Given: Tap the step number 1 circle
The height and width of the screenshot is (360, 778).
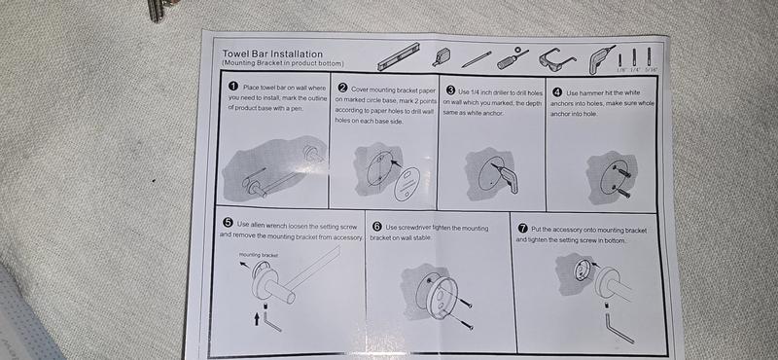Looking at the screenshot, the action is click(x=233, y=86).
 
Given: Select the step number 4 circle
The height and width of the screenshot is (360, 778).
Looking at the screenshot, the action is click(x=556, y=92).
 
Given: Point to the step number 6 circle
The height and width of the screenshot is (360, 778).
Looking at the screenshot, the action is click(x=376, y=227).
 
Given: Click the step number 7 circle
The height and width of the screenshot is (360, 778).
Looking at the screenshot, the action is click(x=522, y=229).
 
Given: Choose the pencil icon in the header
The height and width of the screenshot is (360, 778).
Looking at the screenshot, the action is click(x=477, y=59).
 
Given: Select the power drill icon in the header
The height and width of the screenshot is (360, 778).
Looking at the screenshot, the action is click(x=600, y=59).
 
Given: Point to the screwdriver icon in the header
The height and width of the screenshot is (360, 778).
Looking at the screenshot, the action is click(x=513, y=58).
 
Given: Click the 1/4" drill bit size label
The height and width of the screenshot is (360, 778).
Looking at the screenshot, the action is click(x=635, y=70).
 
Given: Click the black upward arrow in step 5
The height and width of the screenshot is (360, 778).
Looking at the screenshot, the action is click(x=257, y=318).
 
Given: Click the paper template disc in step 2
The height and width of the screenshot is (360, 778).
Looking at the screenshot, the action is click(x=407, y=184).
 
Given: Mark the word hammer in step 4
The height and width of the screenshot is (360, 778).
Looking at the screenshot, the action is click(x=591, y=92).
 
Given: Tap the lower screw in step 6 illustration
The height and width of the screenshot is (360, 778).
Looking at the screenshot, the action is click(x=459, y=320).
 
